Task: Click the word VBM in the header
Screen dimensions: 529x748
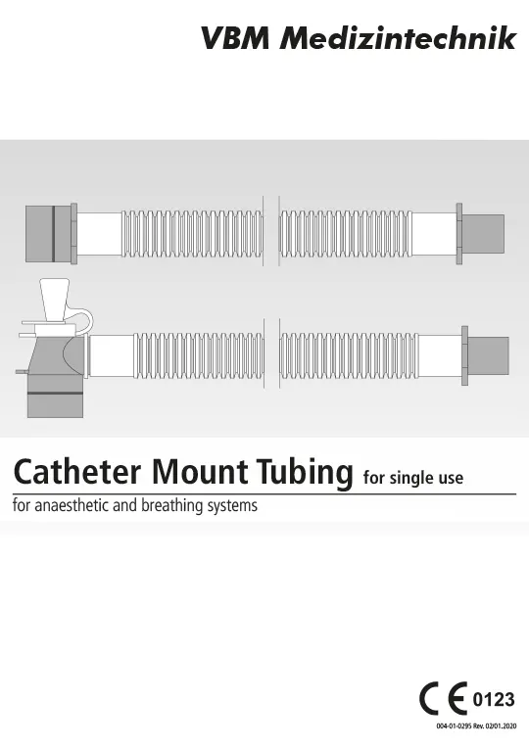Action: pos(235,37)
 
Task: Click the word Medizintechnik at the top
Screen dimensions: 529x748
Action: pos(397,37)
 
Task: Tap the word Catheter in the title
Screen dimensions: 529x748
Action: pos(77,471)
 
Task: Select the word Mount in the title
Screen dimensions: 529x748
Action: pos(201,471)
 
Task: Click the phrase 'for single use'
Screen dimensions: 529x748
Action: pos(413,478)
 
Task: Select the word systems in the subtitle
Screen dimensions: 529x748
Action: pos(232,506)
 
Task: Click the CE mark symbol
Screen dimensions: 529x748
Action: pos(443,699)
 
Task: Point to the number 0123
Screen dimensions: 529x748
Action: pos(494,700)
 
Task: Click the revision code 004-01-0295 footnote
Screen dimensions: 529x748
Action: pos(476,726)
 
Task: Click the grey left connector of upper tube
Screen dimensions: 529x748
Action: pos(51,233)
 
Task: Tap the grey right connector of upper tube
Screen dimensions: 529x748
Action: pos(480,234)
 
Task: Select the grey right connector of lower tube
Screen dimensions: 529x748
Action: pos(485,355)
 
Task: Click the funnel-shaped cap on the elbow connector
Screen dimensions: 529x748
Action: pos(55,300)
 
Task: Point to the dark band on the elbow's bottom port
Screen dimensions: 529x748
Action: pos(55,393)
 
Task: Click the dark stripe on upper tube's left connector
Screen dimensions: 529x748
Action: pos(54,234)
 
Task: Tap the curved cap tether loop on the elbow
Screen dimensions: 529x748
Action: pos(85,318)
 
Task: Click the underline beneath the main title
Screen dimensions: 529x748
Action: pos(264,494)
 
